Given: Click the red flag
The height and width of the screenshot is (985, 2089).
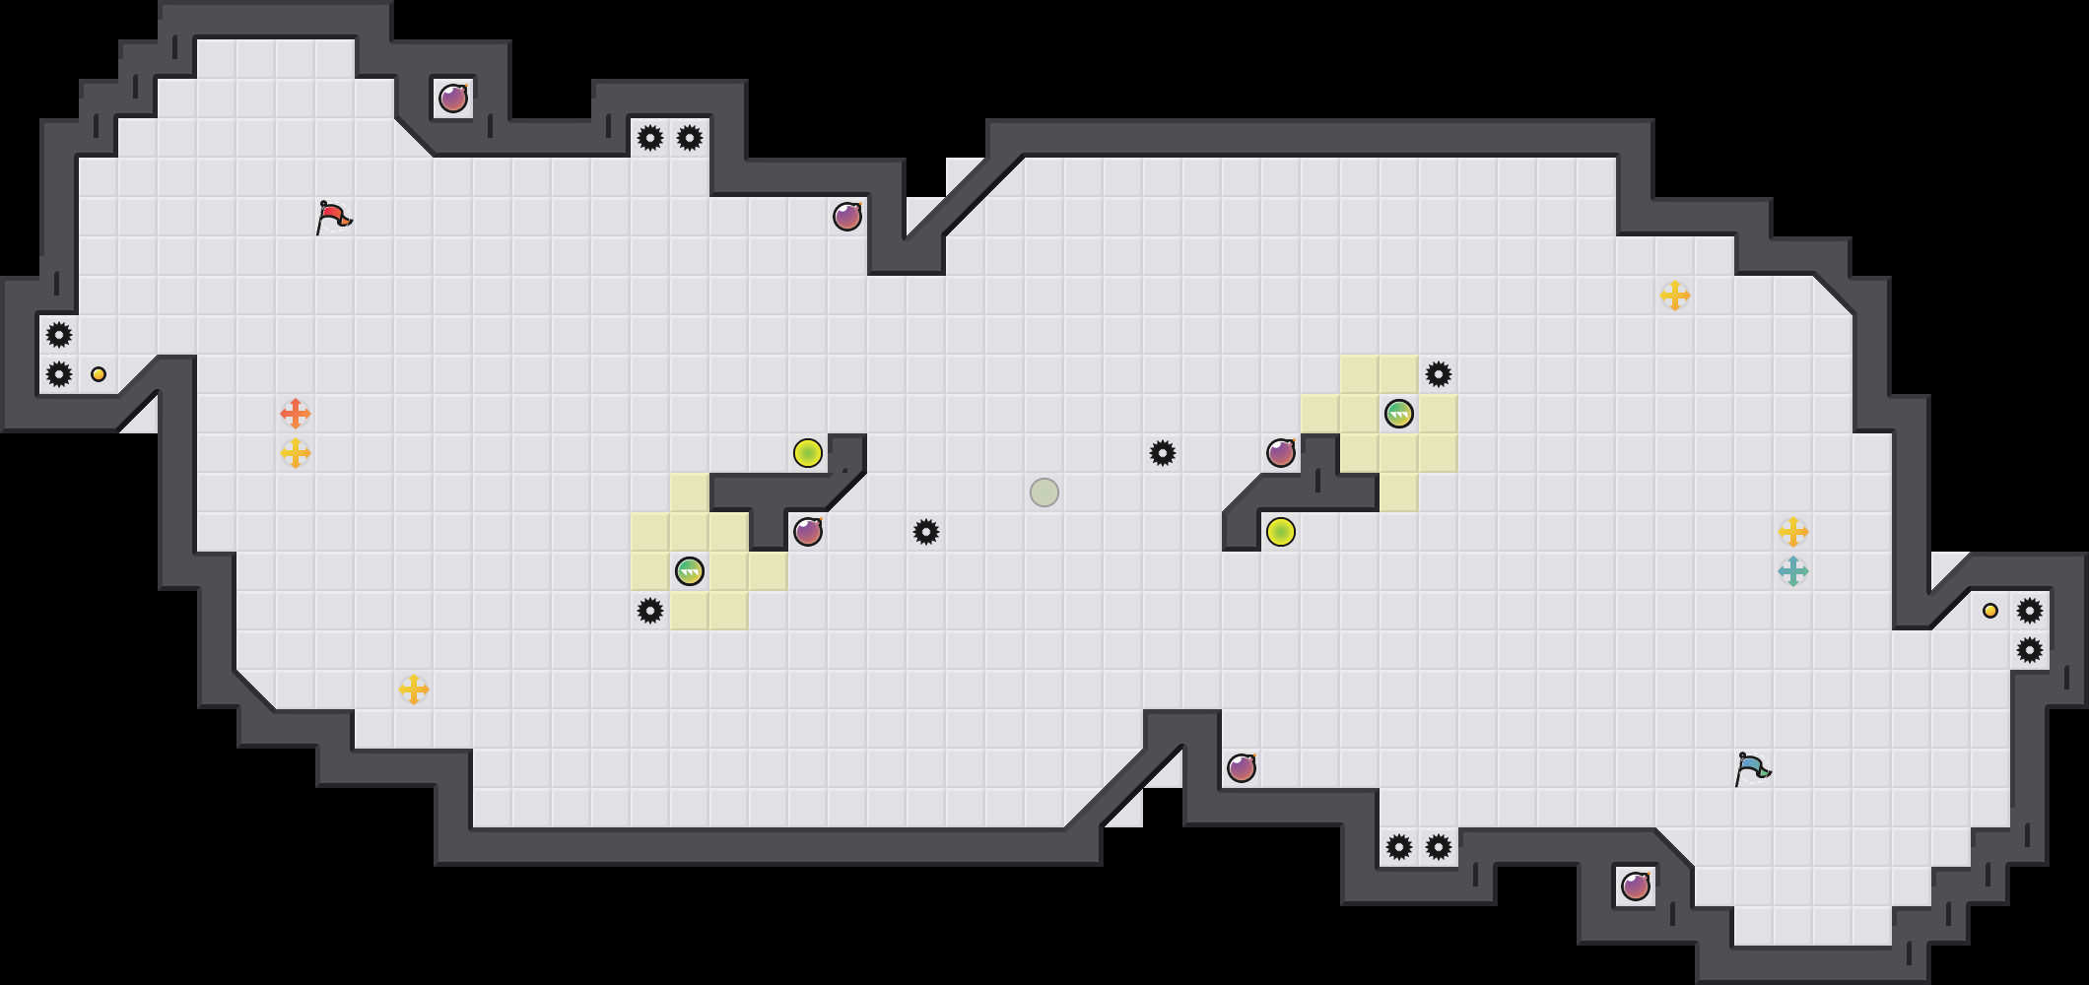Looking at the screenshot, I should tap(333, 217).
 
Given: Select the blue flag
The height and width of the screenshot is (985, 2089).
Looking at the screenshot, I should tap(1752, 768).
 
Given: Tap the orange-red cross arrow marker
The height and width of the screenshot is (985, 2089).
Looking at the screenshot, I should tap(296, 414).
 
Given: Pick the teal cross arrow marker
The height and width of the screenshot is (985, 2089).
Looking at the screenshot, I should tap(1793, 571).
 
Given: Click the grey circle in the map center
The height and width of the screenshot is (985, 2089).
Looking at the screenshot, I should tap(1044, 492).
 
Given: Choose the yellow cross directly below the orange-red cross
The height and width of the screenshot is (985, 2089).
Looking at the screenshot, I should tap(296, 453).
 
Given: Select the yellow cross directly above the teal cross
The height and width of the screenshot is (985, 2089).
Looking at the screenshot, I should tap(1793, 532).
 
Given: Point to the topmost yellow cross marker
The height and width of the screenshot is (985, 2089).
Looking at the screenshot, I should tap(1675, 295).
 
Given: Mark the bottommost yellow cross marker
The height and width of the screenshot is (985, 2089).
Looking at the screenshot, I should tap(414, 689).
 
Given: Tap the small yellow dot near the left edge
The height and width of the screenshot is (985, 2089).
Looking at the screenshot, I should tap(99, 374).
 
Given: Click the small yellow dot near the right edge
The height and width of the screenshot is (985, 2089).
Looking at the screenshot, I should tap(1990, 611).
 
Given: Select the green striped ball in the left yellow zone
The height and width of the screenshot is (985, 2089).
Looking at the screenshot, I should tap(690, 571).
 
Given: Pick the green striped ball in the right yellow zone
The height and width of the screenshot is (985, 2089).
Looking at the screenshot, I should tap(1399, 414).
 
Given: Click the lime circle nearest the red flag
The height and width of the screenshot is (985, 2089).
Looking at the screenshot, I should tap(808, 453).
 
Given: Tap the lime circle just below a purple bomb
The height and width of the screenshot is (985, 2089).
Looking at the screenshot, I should tap(1281, 532).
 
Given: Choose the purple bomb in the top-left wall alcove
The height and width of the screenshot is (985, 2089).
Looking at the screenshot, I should tap(453, 98).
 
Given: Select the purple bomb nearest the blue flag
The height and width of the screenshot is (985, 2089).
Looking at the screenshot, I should tap(1636, 886).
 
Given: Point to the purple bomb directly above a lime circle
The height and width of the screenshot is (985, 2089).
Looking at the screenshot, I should tap(1281, 453).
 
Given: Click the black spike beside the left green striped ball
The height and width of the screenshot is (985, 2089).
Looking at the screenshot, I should tap(650, 611).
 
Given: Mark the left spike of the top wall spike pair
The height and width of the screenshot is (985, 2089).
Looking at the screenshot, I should tap(650, 138).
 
